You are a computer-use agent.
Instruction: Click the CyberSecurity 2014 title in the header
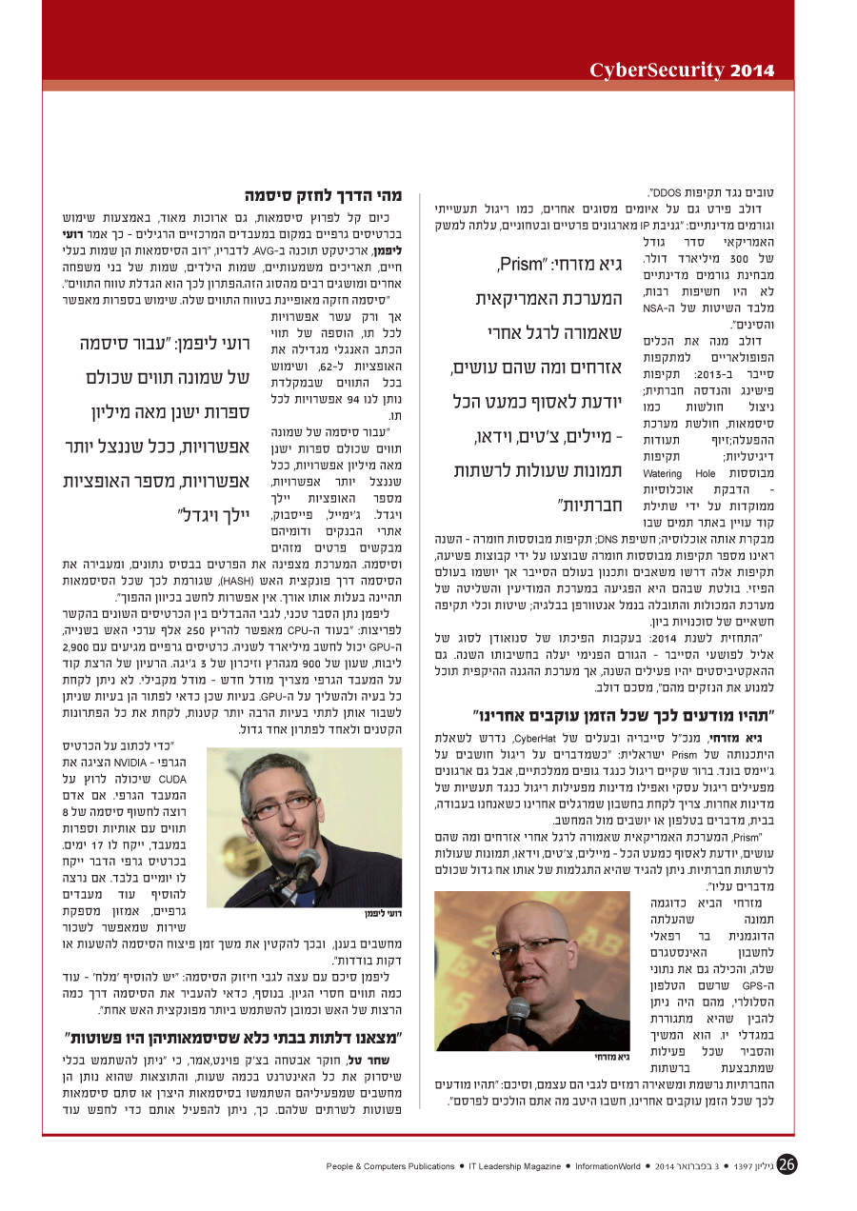click(x=682, y=69)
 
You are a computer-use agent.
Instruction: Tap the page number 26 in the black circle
click(x=787, y=1164)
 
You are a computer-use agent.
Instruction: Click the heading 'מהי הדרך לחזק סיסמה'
click(x=323, y=195)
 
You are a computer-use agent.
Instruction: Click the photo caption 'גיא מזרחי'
click(x=612, y=1056)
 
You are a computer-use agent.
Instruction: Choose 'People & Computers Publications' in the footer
click(x=390, y=1165)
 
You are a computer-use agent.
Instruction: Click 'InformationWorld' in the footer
click(x=609, y=1165)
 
